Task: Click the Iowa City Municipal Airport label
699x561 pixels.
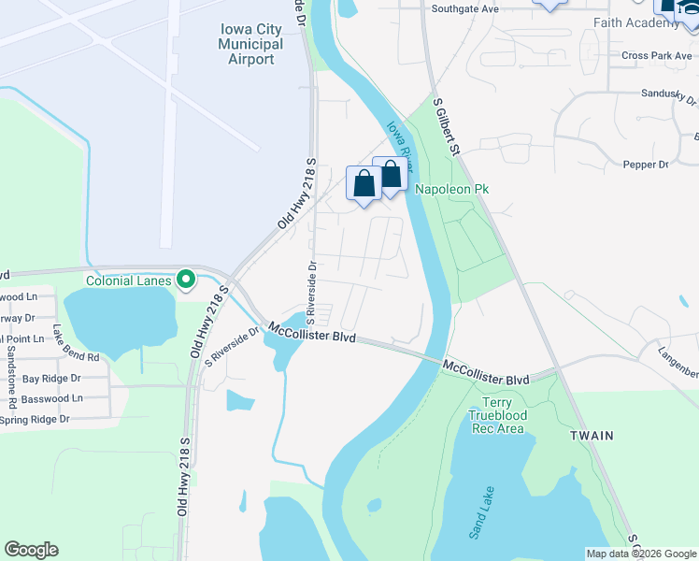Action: pyautogui.click(x=250, y=44)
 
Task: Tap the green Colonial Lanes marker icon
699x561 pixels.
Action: pyautogui.click(x=186, y=279)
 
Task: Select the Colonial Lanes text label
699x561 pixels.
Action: pyautogui.click(x=129, y=280)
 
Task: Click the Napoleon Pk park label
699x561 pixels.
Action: pyautogui.click(x=452, y=189)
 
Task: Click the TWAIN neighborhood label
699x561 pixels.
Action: pyautogui.click(x=592, y=436)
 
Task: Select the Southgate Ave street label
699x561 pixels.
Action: pyautogui.click(x=465, y=8)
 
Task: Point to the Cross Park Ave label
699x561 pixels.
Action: pyautogui.click(x=655, y=56)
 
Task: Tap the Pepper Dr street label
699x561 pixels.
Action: pyautogui.click(x=645, y=165)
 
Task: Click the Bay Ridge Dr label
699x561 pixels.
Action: pyautogui.click(x=51, y=379)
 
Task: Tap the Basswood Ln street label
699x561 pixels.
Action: pyautogui.click(x=52, y=398)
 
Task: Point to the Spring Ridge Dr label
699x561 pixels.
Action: pyautogui.click(x=36, y=419)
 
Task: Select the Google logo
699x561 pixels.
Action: pyautogui.click(x=31, y=550)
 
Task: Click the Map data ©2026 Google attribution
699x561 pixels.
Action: pyautogui.click(x=641, y=554)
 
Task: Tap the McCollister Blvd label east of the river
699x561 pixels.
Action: pyautogui.click(x=486, y=372)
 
